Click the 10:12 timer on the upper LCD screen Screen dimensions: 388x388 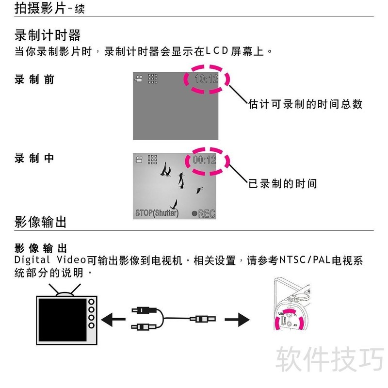click(207, 79)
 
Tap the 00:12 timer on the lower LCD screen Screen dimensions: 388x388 click(204, 160)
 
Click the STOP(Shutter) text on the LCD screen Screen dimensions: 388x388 click(157, 213)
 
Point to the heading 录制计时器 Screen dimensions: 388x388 click(48, 35)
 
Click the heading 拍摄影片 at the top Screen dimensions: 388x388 click(40, 8)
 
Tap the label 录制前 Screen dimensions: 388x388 click(34, 80)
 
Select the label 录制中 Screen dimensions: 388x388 click(34, 159)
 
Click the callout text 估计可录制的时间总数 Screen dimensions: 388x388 click(306, 104)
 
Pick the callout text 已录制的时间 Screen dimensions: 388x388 click(283, 184)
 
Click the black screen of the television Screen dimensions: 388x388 click(63, 320)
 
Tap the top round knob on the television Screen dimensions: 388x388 click(91, 302)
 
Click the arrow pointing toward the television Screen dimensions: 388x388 click(113, 320)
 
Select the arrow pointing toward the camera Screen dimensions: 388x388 click(237, 320)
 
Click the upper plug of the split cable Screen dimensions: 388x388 click(144, 310)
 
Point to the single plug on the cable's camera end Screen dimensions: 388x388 click(203, 319)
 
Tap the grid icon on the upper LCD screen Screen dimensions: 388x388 click(153, 79)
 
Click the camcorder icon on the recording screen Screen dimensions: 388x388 click(139, 160)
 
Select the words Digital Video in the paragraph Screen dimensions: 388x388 click(50, 260)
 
